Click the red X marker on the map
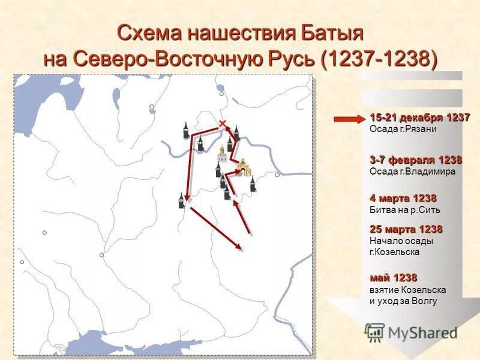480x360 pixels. tap(223, 124)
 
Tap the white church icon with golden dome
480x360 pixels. tap(221, 154)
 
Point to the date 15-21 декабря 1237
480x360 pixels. tap(419, 118)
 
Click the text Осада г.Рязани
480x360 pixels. tap(403, 129)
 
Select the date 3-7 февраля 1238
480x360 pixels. tap(416, 160)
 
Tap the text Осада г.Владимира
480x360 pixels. tap(413, 172)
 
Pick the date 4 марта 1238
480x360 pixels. tap(403, 198)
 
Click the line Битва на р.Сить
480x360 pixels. tap(405, 210)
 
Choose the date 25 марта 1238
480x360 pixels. tap(406, 229)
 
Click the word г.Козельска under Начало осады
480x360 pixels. tap(395, 252)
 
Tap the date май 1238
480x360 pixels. tap(393, 278)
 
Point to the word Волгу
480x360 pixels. tap(424, 301)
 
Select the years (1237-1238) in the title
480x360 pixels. tap(379, 58)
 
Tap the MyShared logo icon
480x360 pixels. tap(374, 332)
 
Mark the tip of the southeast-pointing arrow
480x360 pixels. tap(241, 248)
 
